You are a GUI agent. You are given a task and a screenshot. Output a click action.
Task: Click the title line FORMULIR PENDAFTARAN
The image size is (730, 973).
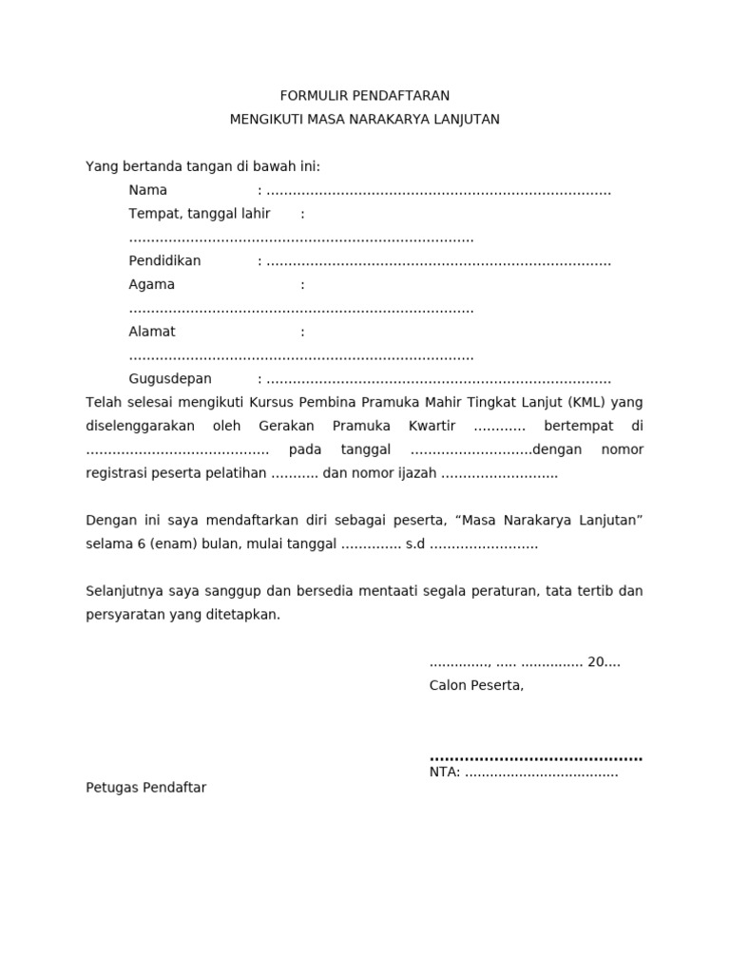(364, 96)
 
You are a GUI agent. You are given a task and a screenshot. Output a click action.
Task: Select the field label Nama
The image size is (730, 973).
(148, 190)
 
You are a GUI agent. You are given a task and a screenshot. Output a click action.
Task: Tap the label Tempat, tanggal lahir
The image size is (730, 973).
(200, 214)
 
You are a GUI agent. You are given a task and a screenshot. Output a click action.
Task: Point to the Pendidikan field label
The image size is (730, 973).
(164, 261)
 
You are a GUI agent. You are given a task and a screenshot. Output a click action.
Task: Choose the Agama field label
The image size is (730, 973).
(152, 285)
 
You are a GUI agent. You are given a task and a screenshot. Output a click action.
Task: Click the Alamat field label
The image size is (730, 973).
(152, 333)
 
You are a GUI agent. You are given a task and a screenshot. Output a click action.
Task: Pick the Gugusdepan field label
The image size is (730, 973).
(170, 379)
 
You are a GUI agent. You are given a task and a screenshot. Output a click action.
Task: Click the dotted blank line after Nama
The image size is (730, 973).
(438, 191)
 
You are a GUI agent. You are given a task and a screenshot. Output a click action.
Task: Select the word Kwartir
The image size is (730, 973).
(432, 426)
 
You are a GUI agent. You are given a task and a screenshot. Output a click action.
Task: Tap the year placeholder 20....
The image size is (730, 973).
(597, 662)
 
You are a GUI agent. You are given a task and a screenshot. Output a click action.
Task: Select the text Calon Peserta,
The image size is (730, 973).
(476, 685)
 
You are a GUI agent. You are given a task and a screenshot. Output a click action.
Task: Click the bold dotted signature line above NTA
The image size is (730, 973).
(536, 758)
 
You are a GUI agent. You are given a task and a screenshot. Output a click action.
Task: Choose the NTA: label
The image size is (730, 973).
(445, 773)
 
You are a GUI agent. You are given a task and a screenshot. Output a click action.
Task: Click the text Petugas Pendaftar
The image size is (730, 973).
(145, 788)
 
